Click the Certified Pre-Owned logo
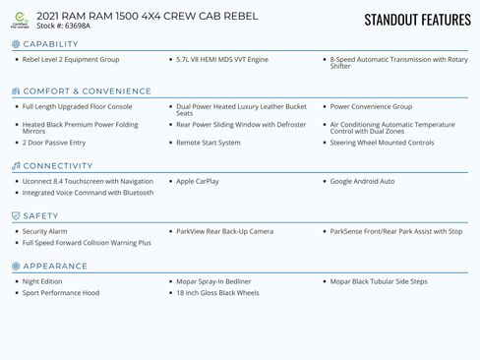point(20,20)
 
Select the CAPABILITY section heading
point(50,44)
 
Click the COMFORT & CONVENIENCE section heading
point(87,91)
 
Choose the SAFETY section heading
point(40,216)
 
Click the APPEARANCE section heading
point(55,267)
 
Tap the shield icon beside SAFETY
point(15,216)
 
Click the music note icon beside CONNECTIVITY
point(15,166)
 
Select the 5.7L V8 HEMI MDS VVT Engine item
point(222,59)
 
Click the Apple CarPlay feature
point(198,181)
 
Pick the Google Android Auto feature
point(362,181)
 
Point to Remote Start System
point(209,143)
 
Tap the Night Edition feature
point(42,281)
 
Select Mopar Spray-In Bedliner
point(213,281)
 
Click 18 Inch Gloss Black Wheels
point(217,293)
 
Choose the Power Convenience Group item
point(371,106)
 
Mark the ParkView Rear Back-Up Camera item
point(224,231)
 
